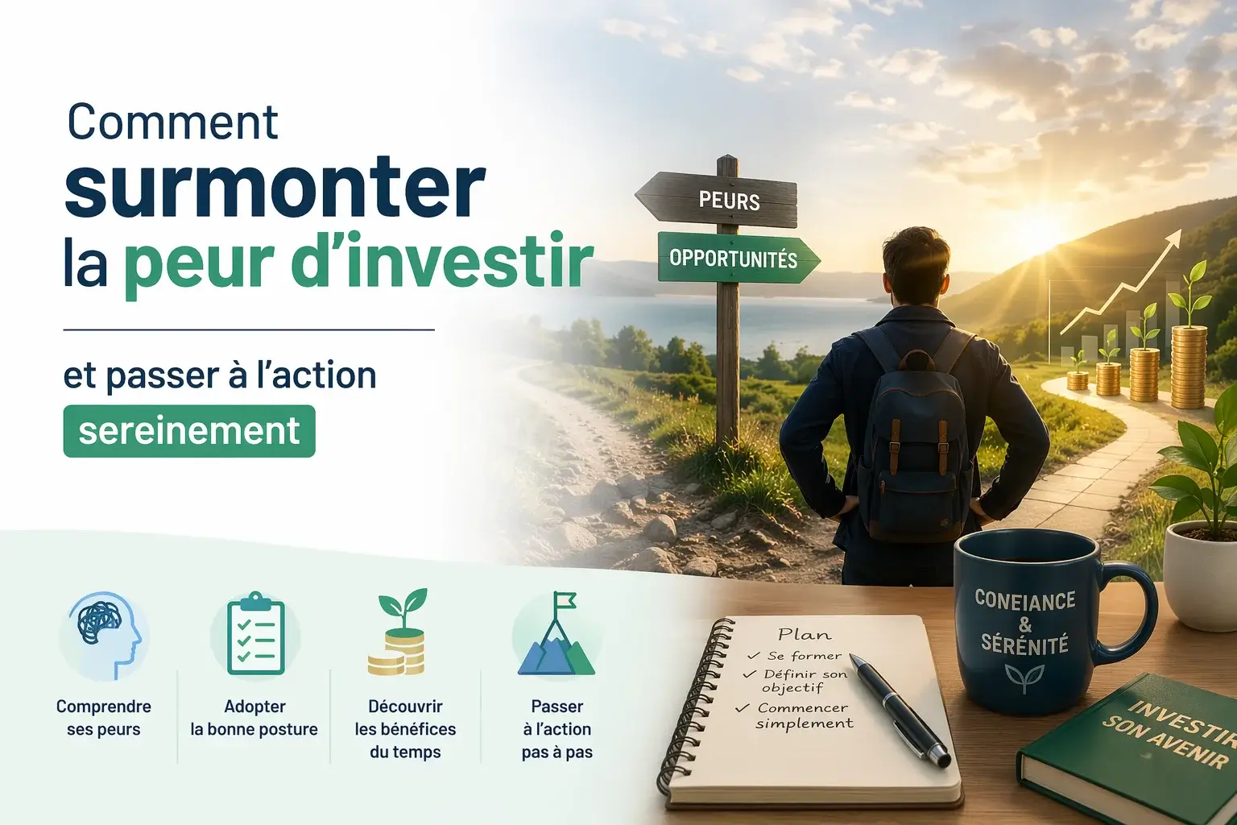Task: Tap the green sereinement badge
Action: point(189,431)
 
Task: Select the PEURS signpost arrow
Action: point(716,200)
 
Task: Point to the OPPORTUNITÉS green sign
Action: point(738,258)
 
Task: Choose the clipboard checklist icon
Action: point(255,634)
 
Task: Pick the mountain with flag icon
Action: point(556,633)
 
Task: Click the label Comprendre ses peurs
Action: point(104,718)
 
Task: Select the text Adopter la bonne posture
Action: point(254,718)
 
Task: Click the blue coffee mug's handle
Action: point(1132,613)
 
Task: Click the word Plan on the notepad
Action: point(804,634)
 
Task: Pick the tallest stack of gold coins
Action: point(1189,367)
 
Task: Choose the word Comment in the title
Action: point(172,122)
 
